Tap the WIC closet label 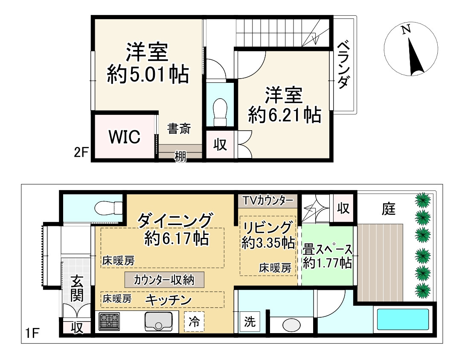124,137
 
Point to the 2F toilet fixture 220,111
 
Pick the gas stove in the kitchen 110,322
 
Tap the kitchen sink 158,321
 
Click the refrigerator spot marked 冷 195,321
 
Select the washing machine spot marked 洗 249,322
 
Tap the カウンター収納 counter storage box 164,280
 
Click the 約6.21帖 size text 285,115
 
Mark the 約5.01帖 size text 148,75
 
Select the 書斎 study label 179,129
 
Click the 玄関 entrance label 77,288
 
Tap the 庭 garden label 389,209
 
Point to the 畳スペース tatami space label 328,249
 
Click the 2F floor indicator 81,152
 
